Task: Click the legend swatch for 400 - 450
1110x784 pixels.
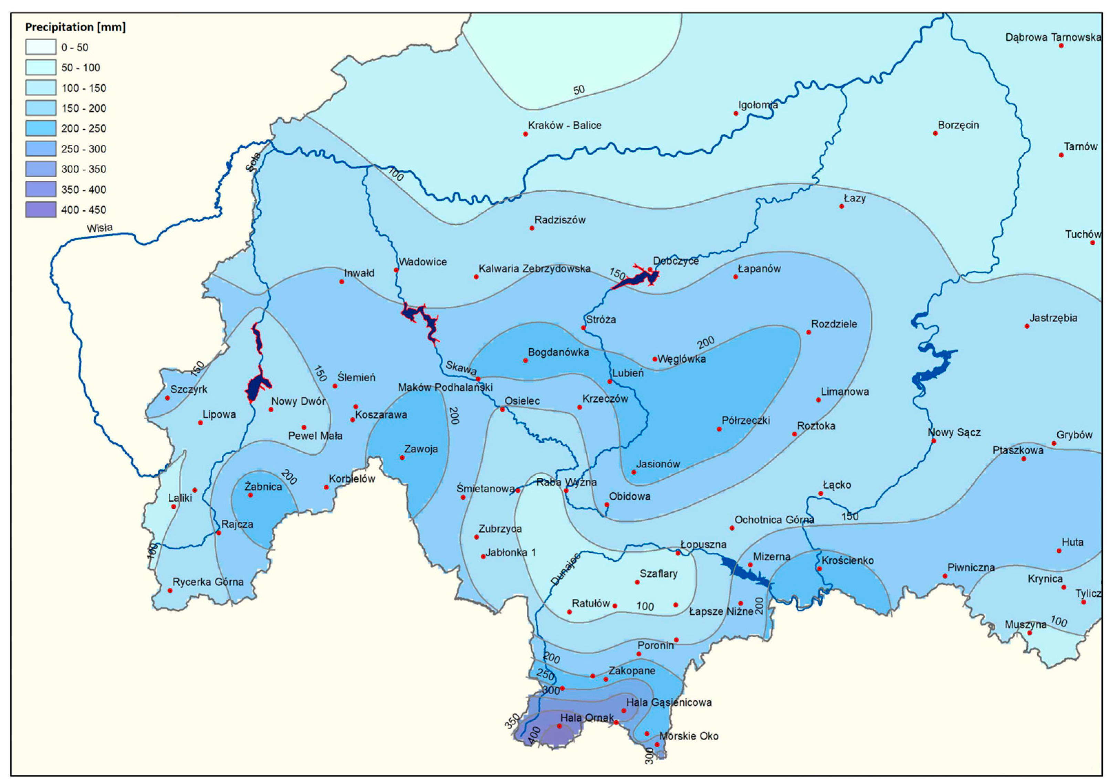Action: tap(41, 210)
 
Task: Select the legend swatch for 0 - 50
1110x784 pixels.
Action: tap(41, 47)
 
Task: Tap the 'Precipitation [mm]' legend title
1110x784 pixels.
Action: tap(75, 27)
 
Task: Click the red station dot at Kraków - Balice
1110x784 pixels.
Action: tap(525, 134)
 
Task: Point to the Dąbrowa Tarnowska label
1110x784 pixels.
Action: tap(1053, 37)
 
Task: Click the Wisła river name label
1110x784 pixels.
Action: tap(100, 228)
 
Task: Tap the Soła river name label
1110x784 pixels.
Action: tap(253, 162)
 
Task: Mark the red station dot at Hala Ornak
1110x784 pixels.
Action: tap(559, 726)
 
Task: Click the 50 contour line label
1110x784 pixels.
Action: tap(579, 90)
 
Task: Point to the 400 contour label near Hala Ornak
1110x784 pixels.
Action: tap(534, 736)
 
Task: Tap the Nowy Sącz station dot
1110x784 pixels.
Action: tap(933, 441)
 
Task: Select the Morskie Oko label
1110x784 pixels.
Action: tap(689, 736)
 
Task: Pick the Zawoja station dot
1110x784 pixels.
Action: tap(402, 457)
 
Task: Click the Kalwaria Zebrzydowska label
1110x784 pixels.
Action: tap(534, 269)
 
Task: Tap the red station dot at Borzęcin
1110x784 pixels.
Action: tap(935, 134)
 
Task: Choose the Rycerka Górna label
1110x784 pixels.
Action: tap(208, 582)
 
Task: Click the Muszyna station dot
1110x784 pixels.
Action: tap(1029, 633)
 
